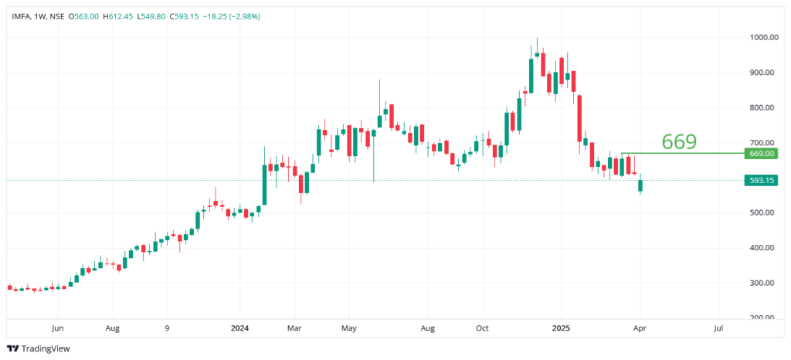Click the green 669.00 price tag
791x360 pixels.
(x=762, y=154)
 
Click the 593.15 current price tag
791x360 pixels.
(x=762, y=181)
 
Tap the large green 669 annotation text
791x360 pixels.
(x=679, y=141)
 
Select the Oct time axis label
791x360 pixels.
(x=482, y=328)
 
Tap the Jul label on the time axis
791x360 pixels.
(x=718, y=328)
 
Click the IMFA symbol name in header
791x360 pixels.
(x=21, y=15)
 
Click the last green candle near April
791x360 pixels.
(x=640, y=185)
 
